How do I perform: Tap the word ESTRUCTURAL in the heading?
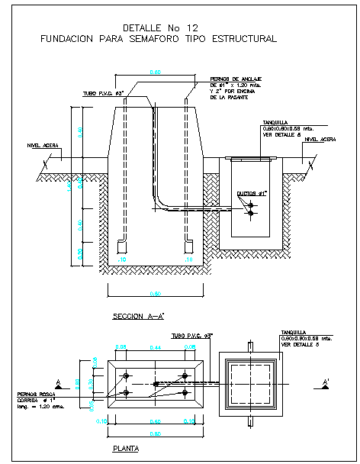tap(246, 37)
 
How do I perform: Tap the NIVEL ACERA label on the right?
tap(319, 140)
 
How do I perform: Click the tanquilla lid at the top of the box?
tap(252, 159)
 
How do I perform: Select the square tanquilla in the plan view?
tap(251, 383)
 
